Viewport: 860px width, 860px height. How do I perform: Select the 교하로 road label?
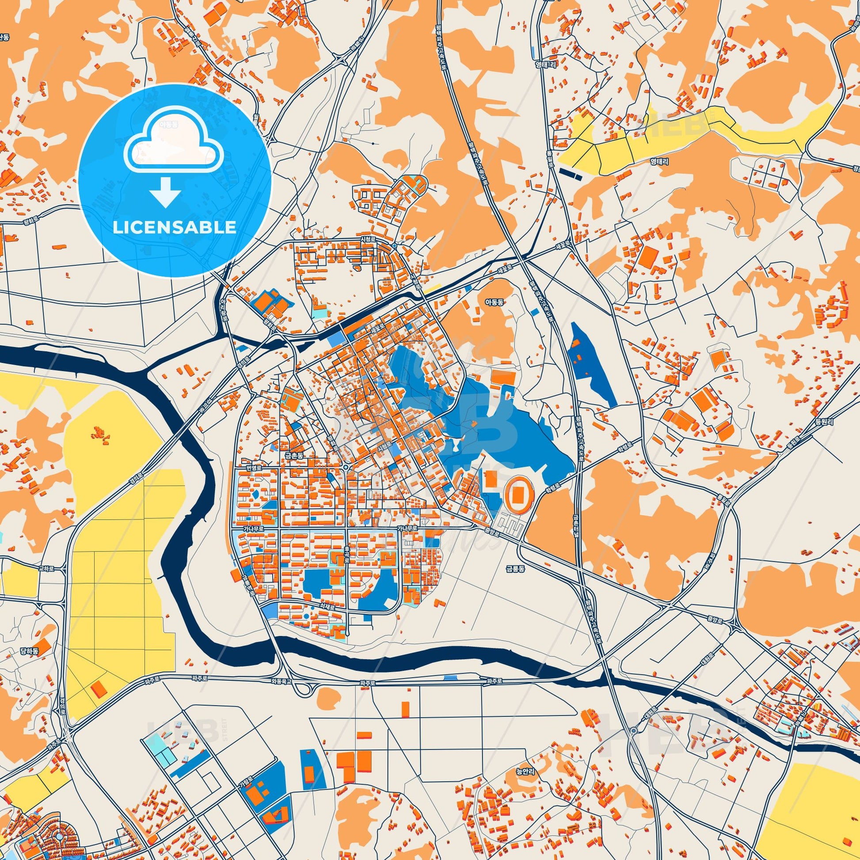click(46, 568)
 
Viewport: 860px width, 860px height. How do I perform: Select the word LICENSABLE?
click(175, 227)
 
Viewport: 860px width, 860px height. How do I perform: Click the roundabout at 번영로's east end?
click(346, 468)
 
